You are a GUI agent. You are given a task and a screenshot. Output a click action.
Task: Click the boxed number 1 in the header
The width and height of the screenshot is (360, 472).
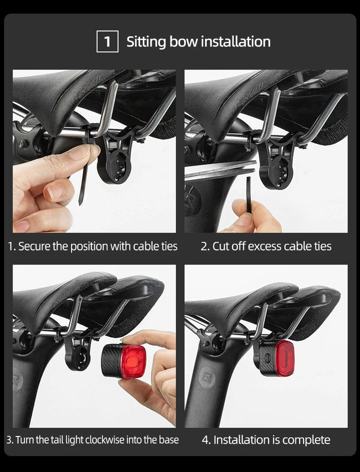107,41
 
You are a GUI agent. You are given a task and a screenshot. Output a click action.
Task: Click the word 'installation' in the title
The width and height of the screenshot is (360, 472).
234,41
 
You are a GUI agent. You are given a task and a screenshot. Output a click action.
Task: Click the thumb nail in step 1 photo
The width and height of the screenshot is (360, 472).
79,152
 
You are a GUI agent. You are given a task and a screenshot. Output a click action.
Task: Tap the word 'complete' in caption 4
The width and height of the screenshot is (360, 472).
306,440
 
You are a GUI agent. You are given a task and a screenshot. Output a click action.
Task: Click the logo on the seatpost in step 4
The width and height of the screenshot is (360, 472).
206,378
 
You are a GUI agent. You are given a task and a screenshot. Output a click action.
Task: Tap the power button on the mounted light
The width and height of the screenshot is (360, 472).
266,358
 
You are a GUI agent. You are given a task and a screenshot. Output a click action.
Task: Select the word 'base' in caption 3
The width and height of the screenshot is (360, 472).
168,440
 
